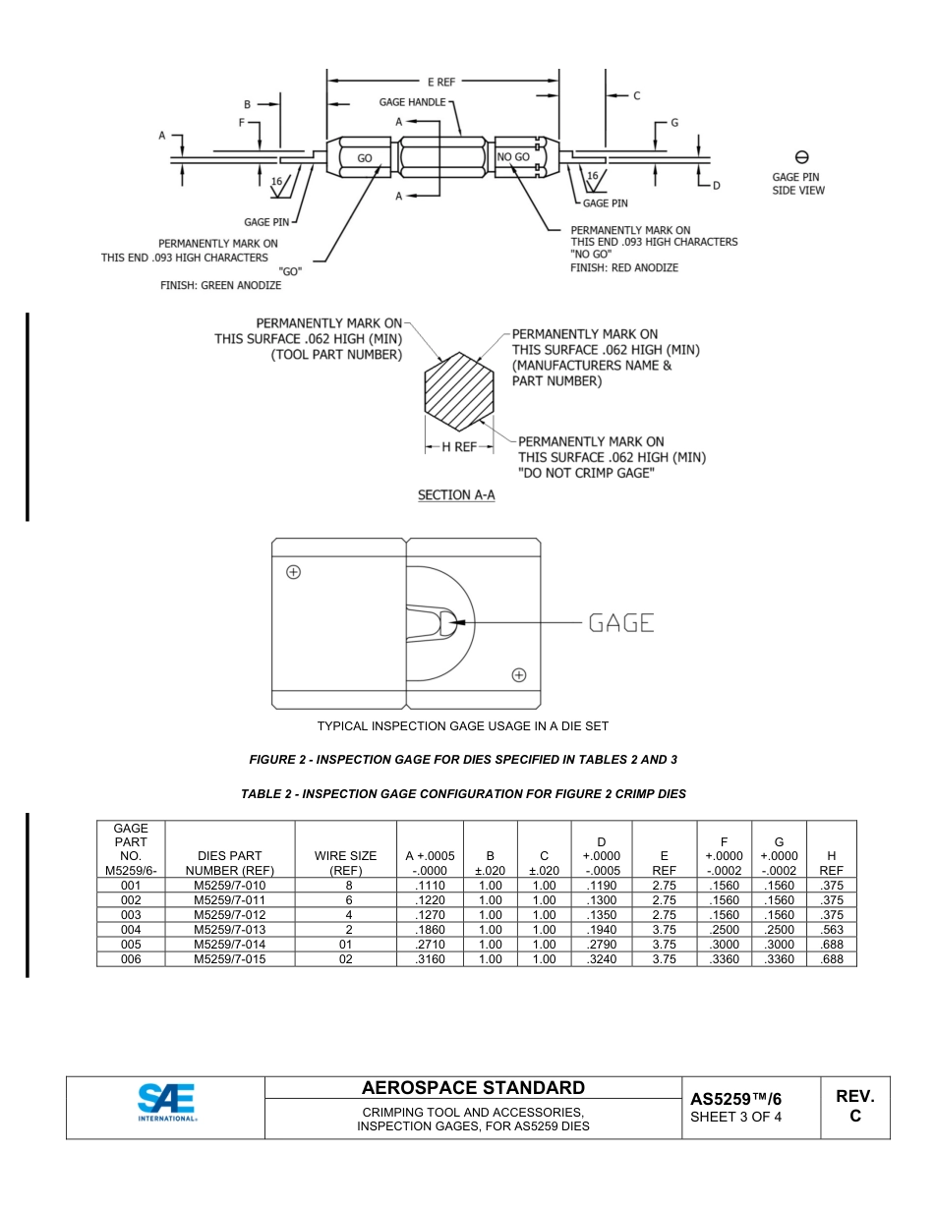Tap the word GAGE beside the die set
click(x=621, y=623)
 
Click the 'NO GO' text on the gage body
click(x=513, y=157)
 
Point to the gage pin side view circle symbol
click(x=801, y=157)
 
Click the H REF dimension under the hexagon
click(x=458, y=446)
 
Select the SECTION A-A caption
click(x=456, y=495)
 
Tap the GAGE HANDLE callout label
click(x=412, y=102)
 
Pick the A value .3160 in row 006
click(x=430, y=959)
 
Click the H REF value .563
click(x=831, y=930)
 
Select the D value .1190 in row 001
click(x=601, y=886)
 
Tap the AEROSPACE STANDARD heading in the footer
click(x=473, y=1088)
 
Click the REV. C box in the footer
click(x=854, y=1106)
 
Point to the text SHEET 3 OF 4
click(x=736, y=1117)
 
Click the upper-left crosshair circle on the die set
click(x=293, y=572)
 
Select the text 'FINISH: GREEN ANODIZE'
click(x=221, y=286)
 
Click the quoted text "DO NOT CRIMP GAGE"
click(x=586, y=474)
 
